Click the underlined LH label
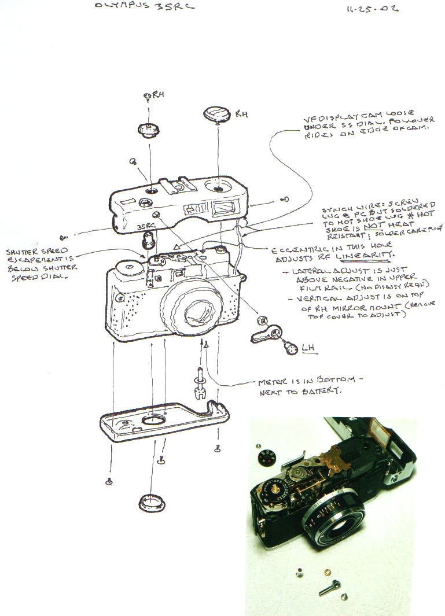tap(308, 347)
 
